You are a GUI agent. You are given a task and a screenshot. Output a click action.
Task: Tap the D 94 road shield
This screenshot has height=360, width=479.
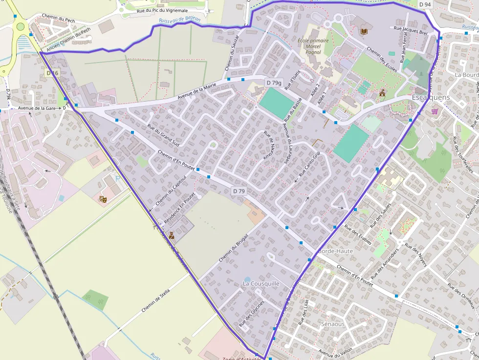[x=425, y=4]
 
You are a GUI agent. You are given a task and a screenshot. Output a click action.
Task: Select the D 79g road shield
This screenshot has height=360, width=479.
[x=274, y=83]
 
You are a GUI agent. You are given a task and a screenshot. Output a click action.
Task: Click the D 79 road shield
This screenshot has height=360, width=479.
[x=239, y=191]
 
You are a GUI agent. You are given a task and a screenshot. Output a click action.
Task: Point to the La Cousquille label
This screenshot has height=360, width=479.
[x=261, y=283]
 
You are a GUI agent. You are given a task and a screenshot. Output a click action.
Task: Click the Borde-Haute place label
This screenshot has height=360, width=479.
[x=335, y=251]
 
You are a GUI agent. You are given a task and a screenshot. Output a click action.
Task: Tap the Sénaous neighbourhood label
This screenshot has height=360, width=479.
[x=333, y=324]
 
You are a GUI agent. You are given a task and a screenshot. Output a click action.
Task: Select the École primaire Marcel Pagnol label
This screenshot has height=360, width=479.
[x=313, y=46]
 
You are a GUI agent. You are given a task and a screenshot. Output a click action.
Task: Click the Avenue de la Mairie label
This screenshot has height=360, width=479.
[x=196, y=91]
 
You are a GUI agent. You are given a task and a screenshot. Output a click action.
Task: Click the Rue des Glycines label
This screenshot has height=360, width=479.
[x=252, y=314]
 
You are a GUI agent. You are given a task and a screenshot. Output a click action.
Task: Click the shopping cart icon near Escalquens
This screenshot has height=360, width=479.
[x=435, y=111]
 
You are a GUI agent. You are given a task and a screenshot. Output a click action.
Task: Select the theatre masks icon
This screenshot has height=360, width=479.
[x=103, y=199]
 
